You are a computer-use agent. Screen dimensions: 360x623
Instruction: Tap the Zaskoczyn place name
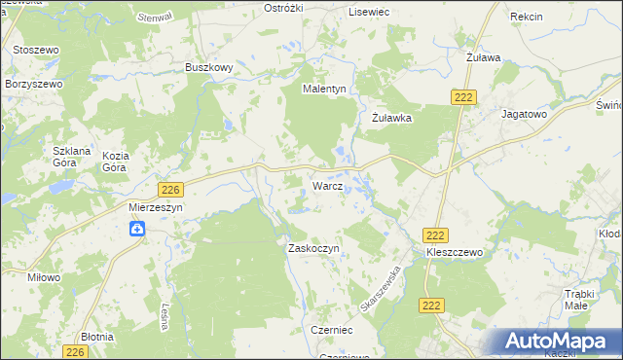(312, 249)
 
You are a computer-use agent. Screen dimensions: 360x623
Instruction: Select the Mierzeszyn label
(156, 207)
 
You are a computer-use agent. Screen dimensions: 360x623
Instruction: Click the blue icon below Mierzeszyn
(138, 229)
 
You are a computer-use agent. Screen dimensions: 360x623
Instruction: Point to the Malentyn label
(325, 89)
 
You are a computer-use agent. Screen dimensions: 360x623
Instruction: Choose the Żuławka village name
(393, 118)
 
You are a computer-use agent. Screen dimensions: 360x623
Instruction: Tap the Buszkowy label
(208, 67)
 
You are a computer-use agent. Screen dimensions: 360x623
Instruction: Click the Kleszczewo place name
(455, 252)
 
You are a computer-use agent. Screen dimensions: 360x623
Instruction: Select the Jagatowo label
(525, 114)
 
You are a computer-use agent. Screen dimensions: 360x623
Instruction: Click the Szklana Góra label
(71, 158)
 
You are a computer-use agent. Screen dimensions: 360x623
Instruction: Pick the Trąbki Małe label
(585, 299)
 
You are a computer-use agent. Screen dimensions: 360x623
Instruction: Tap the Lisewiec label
(369, 11)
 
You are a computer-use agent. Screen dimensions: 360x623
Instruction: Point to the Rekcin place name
(526, 18)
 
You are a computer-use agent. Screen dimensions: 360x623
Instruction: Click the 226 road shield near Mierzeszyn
(170, 190)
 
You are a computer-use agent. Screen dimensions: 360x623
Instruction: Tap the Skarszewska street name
(381, 288)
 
